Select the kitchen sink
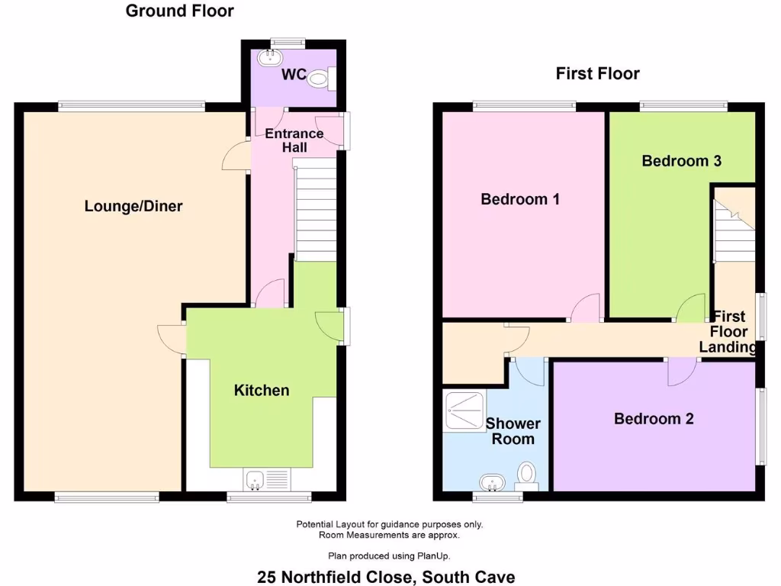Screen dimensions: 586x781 point(256,479)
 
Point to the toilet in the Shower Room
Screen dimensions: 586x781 point(526,475)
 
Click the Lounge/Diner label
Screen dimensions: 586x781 point(133,206)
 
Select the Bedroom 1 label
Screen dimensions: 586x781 point(520,199)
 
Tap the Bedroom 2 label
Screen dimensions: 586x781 point(654,418)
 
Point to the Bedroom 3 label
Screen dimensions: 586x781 point(681,161)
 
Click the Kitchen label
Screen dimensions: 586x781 point(262,391)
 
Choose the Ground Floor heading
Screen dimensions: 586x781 point(179,11)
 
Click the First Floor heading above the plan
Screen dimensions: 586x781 point(597,73)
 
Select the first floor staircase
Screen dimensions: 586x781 point(734,229)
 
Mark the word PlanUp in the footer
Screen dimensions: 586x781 point(443,555)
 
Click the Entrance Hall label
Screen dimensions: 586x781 point(294,140)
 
